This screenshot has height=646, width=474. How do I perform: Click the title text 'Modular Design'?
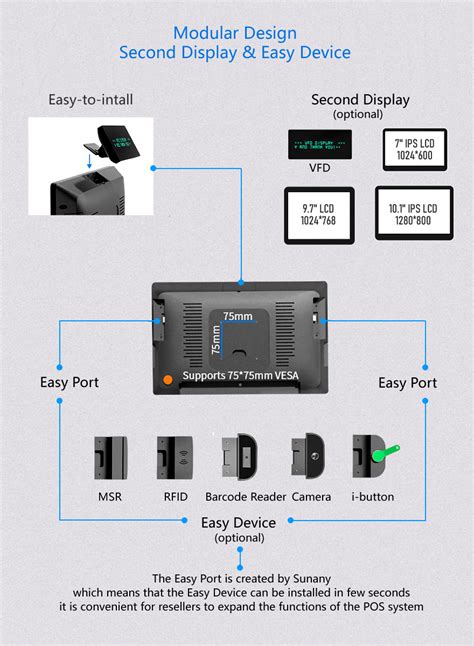coord(236,32)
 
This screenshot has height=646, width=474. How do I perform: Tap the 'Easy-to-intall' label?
coord(89,100)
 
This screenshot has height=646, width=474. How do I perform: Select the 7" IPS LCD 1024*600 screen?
coord(413,149)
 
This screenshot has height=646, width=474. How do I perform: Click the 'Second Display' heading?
coord(361,99)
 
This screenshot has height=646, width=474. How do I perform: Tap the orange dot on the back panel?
coord(168,379)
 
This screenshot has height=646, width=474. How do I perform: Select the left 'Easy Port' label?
coord(69,382)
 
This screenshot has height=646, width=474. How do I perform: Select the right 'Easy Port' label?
coord(407,382)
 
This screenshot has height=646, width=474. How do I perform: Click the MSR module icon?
coord(108,457)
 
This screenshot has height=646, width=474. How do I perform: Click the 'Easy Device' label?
coord(238,522)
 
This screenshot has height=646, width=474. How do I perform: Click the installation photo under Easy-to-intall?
coord(89,166)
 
